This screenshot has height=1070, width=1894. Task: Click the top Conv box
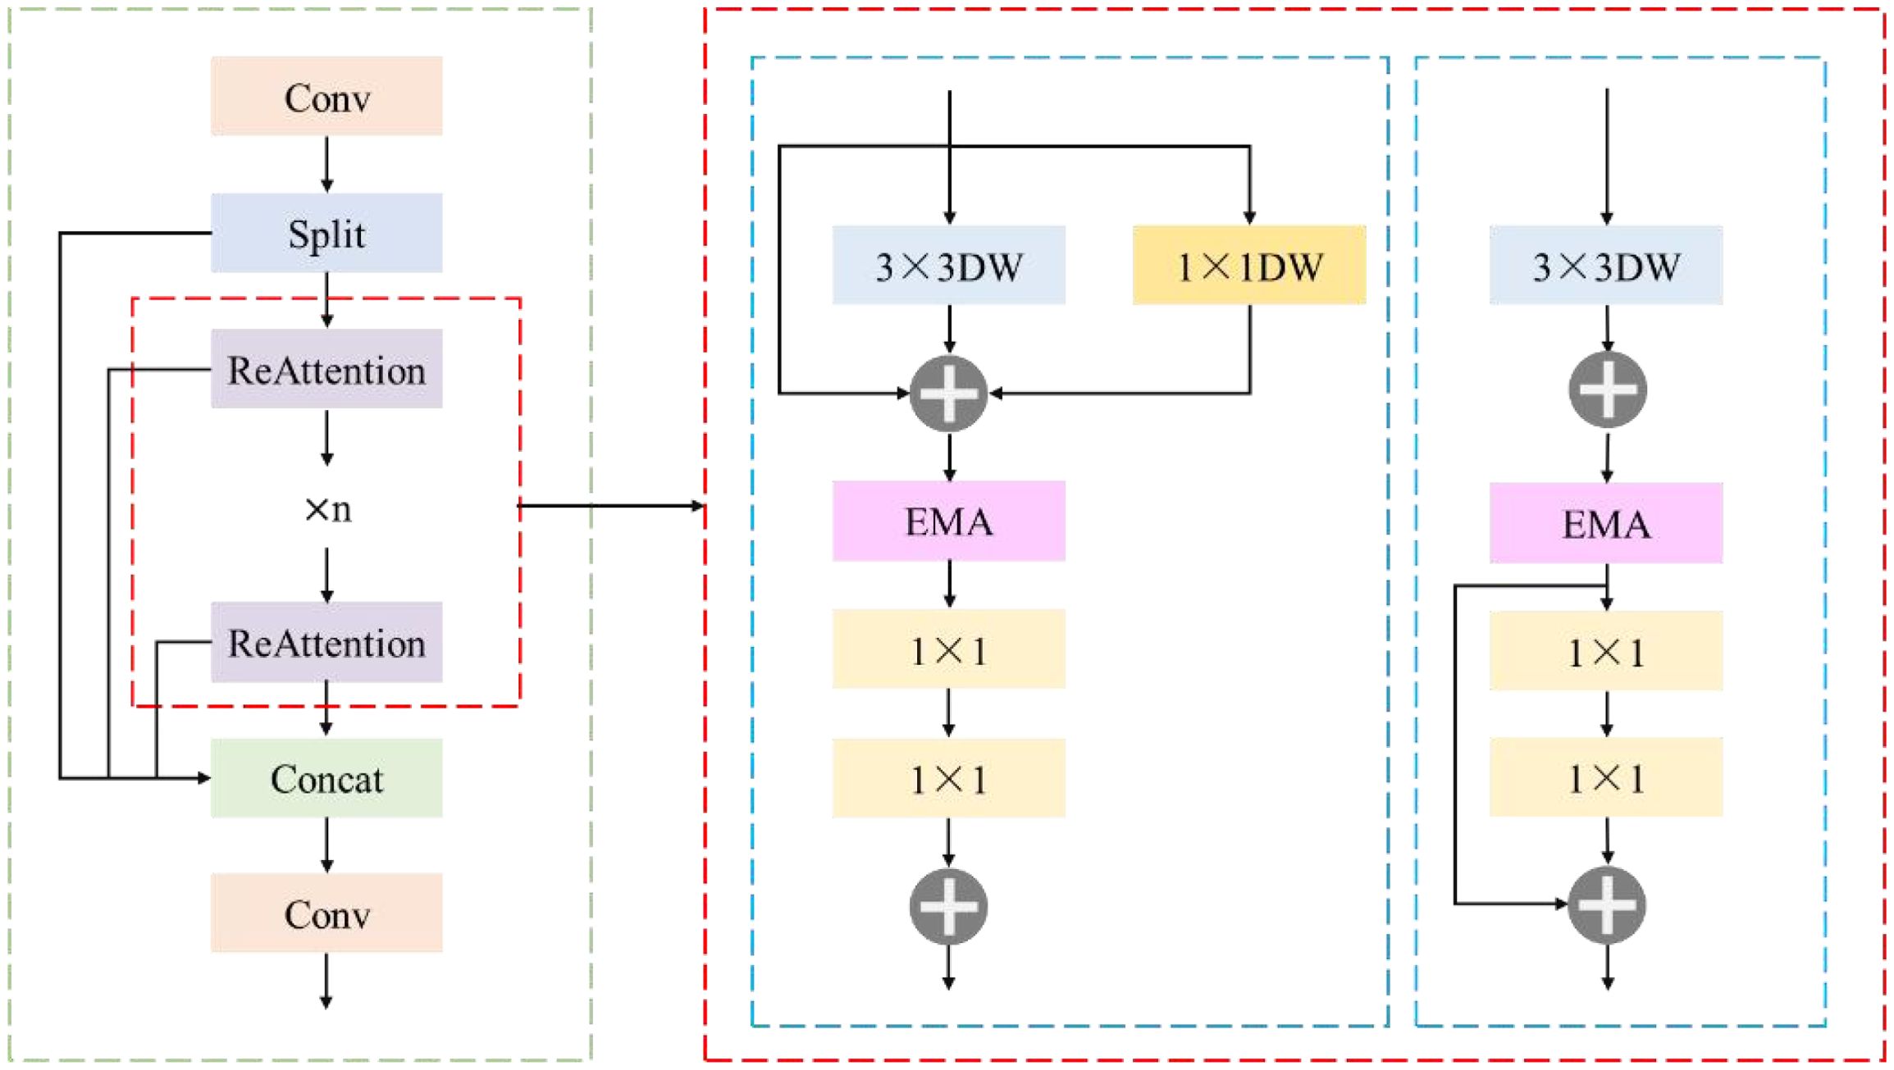(326, 96)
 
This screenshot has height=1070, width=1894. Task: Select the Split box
(326, 233)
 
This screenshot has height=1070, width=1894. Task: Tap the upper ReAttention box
(326, 369)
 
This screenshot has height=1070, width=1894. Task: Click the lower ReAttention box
(326, 642)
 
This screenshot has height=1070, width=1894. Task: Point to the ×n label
(327, 509)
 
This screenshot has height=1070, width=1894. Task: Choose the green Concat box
(326, 778)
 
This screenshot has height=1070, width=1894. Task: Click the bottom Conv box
(326, 913)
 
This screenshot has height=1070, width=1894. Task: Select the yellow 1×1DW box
(1249, 266)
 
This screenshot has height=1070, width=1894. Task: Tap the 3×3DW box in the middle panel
(949, 266)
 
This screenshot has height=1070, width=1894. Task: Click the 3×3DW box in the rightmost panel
(1606, 266)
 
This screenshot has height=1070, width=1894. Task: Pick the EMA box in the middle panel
(949, 521)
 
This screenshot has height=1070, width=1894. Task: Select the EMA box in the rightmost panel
(1606, 523)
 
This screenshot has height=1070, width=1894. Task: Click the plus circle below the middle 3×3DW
(949, 394)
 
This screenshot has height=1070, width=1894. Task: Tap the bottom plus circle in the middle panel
(949, 906)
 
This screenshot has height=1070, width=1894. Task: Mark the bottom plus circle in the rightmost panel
(1607, 904)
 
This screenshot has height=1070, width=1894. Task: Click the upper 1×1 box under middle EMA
(949, 649)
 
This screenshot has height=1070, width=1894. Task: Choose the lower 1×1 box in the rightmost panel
(1606, 777)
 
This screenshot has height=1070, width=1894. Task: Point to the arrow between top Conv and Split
(326, 164)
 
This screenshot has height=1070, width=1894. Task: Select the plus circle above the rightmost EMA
(1607, 390)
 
